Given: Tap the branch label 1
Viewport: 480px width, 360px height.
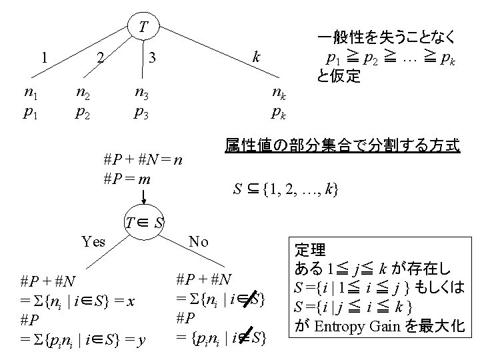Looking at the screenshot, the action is click(44, 57).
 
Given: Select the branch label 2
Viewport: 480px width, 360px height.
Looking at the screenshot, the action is click(99, 57).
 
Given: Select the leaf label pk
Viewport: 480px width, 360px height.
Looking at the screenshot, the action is click(279, 112).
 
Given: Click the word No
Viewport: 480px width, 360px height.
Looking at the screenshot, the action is click(199, 241).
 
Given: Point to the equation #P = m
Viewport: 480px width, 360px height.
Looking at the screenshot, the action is click(127, 179).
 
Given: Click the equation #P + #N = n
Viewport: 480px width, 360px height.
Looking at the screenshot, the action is click(143, 161).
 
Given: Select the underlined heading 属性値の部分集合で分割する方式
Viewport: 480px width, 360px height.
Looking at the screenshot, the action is click(342, 145).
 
